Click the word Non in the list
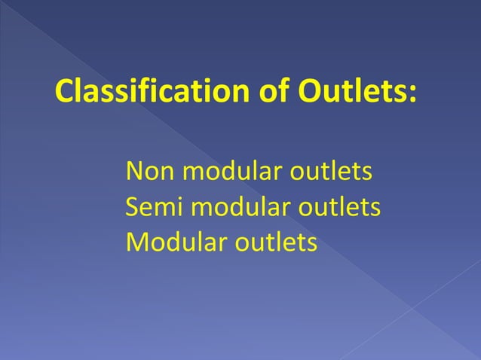(149, 171)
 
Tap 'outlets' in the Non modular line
(331, 171)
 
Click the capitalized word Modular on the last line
(176, 242)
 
